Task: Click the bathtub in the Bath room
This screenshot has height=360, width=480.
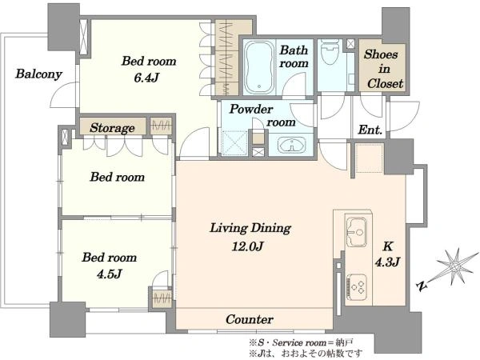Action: click(259, 68)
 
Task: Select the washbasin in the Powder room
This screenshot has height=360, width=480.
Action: click(291, 145)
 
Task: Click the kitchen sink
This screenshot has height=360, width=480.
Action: click(356, 231)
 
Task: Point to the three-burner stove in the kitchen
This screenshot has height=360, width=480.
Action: click(357, 286)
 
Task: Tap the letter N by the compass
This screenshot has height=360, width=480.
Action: click(422, 286)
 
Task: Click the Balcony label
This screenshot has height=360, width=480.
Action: click(39, 74)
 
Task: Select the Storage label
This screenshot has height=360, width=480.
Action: click(112, 128)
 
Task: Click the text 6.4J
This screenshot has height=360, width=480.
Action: click(146, 78)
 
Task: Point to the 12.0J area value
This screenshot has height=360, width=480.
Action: click(247, 246)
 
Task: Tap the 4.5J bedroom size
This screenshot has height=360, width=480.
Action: click(110, 274)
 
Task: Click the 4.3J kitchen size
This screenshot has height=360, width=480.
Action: click(387, 262)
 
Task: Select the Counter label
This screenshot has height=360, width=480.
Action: click(249, 319)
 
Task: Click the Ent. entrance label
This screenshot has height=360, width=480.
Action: click(370, 130)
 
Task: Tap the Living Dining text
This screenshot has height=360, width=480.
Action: click(250, 228)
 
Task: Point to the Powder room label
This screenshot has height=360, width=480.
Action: click(262, 116)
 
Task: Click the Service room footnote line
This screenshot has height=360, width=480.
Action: click(302, 342)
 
